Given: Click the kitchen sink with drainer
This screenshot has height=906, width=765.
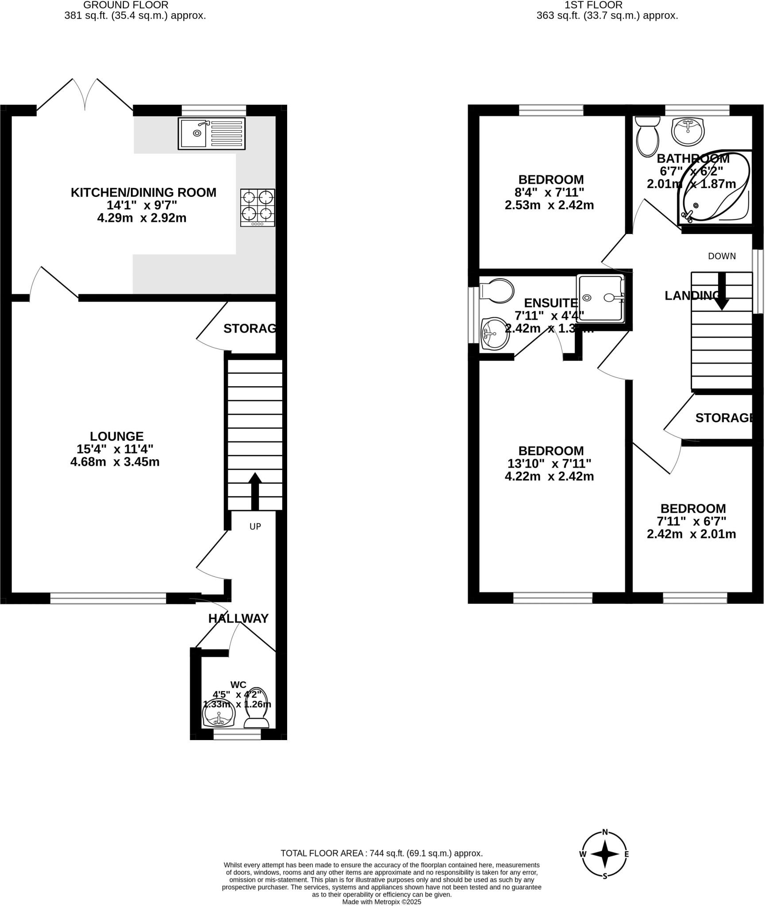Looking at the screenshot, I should click(211, 133).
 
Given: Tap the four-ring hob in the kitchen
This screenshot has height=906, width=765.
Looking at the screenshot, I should click(258, 207).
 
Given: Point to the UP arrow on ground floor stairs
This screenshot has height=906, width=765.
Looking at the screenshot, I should click(255, 491).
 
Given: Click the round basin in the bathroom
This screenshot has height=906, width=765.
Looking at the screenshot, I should click(688, 131).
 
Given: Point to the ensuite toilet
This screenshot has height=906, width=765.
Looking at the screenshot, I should click(497, 291).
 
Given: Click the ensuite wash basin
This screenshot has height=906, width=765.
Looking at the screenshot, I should click(495, 334).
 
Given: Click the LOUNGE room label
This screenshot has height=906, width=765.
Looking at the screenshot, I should click(117, 436).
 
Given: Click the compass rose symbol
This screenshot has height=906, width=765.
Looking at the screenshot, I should click(604, 854).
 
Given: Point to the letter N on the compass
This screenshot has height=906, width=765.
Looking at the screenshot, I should click(605, 832).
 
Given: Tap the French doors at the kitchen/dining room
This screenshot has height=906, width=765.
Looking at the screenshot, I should click(85, 95).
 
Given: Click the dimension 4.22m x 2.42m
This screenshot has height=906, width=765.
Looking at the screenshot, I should click(549, 476).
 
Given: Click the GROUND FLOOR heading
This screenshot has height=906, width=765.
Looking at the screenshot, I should click(126, 5).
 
